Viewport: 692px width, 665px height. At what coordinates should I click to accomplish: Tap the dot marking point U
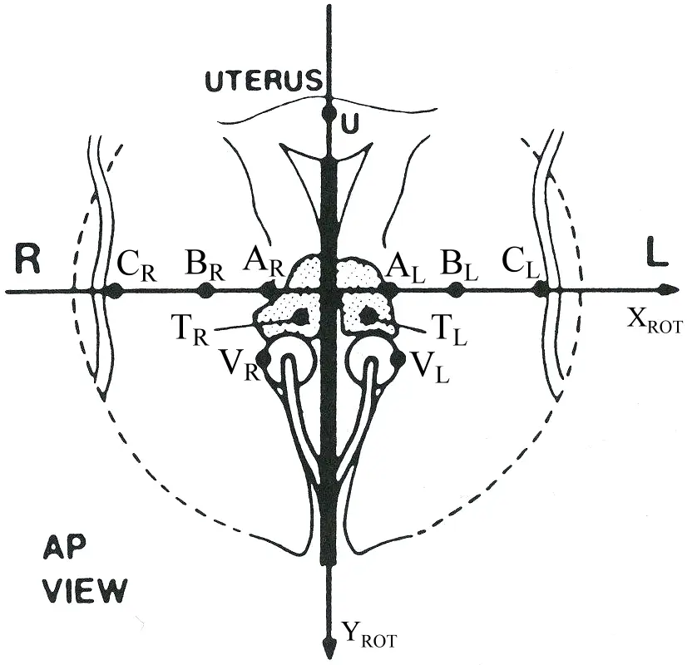click(329, 108)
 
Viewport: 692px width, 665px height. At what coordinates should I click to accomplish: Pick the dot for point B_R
click(205, 290)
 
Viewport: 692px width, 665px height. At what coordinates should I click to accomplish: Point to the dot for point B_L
click(455, 290)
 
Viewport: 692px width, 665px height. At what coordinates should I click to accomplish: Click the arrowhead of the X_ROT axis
click(665, 290)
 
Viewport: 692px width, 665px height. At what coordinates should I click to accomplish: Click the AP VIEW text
click(84, 569)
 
